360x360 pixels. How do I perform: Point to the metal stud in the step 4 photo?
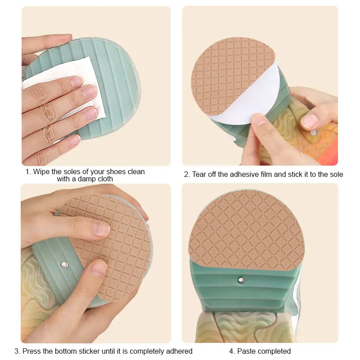(242, 280)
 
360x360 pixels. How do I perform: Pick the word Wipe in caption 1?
(41, 171)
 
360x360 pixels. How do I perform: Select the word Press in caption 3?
(31, 351)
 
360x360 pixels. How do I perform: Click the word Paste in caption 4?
(247, 351)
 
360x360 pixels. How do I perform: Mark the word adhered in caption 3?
(179, 351)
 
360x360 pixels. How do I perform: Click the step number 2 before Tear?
(186, 174)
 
